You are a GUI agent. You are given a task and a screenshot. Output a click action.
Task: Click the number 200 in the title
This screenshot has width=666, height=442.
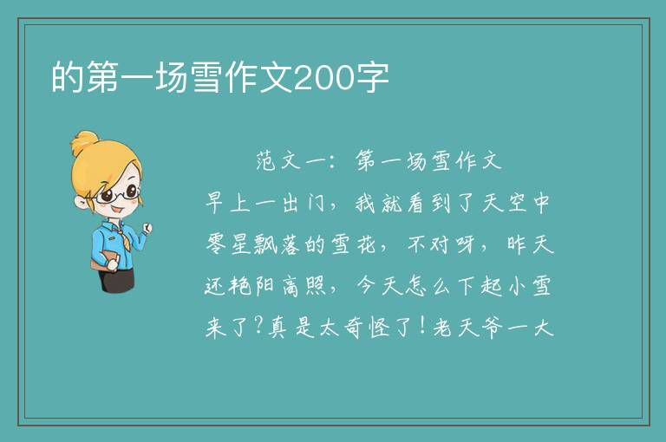[x=323, y=78]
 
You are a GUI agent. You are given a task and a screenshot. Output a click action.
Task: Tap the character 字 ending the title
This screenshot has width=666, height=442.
[x=372, y=78]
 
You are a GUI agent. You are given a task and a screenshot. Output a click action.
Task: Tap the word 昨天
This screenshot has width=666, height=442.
[x=530, y=244]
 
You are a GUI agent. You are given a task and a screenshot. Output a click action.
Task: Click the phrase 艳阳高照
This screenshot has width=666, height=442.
[x=265, y=286]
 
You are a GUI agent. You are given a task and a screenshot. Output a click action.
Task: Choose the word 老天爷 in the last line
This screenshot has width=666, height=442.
[x=467, y=328]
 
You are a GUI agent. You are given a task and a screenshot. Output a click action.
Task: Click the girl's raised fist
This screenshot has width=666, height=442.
[x=147, y=229]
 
